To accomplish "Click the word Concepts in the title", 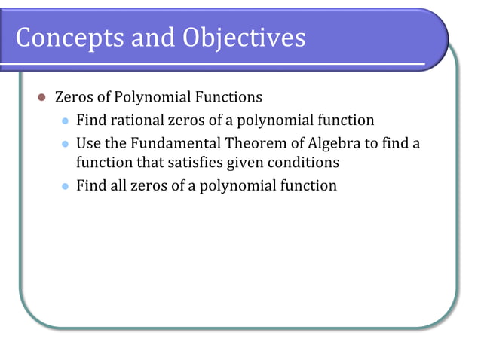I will [x=63, y=38].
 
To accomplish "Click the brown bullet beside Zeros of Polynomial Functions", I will [x=42, y=98].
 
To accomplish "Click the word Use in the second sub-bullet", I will [x=88, y=142].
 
